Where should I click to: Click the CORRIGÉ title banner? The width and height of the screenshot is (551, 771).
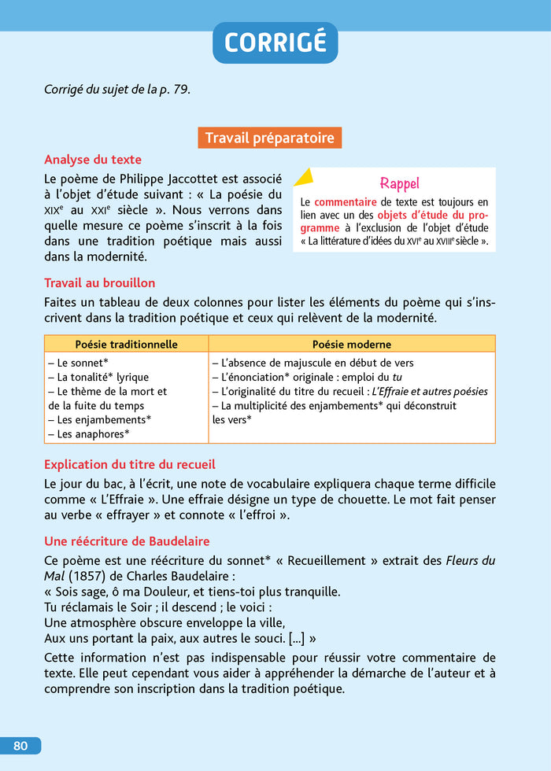(275, 42)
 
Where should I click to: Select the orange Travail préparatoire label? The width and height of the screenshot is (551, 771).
(269, 138)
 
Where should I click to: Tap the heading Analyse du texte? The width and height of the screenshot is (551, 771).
(93, 160)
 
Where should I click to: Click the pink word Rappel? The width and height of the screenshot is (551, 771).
(399, 184)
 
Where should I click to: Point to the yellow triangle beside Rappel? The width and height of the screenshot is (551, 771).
(303, 177)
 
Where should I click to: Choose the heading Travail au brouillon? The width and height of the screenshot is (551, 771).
(100, 282)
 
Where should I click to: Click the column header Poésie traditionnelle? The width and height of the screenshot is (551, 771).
(126, 345)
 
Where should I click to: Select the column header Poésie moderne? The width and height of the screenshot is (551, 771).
(351, 345)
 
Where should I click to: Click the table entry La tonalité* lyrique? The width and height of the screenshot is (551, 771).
(98, 377)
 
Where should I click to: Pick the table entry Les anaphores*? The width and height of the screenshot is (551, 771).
(89, 433)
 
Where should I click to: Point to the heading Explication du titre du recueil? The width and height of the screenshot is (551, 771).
(130, 465)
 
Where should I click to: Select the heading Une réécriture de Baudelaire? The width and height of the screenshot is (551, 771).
(127, 542)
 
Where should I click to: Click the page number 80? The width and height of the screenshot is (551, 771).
(20, 746)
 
